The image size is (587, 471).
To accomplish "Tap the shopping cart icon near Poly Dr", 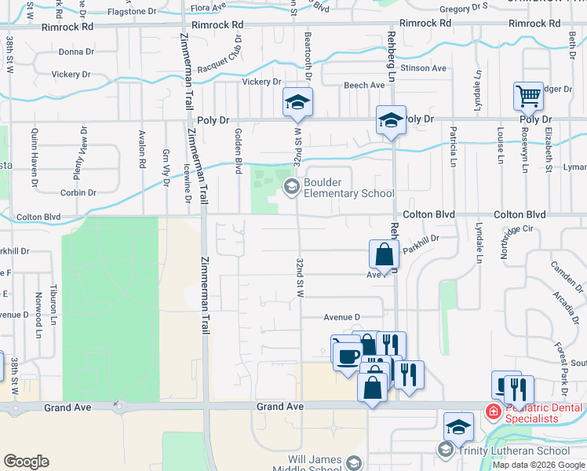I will click(529, 97).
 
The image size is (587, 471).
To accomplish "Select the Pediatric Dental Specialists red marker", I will click(493, 411).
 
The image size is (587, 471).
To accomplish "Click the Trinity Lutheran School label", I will click(515, 451).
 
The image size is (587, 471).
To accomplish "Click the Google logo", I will click(26, 461).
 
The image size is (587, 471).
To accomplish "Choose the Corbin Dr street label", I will click(77, 192).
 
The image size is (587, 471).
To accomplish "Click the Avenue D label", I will click(341, 317).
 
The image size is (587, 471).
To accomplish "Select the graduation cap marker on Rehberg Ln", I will click(391, 120).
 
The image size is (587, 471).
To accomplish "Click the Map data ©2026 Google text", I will click(538, 464).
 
